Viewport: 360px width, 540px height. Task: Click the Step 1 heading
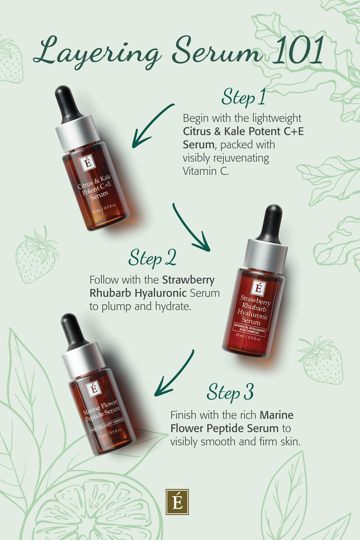[x=243, y=98]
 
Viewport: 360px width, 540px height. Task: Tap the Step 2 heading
[x=152, y=258]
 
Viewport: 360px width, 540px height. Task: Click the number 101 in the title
[x=300, y=51]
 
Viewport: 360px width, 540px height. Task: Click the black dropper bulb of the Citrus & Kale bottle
[x=68, y=104]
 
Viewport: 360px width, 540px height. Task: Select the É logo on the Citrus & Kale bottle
[x=88, y=163]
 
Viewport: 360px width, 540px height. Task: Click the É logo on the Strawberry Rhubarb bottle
[x=258, y=288]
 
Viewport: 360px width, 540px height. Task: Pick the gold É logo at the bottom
[x=177, y=502]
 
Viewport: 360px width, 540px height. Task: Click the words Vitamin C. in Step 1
[x=206, y=171]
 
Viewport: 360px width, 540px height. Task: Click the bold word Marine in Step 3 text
[x=276, y=415]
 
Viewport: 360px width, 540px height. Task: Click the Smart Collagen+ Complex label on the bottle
[x=107, y=425]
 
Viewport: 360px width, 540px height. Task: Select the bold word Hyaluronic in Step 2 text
[x=161, y=293]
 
